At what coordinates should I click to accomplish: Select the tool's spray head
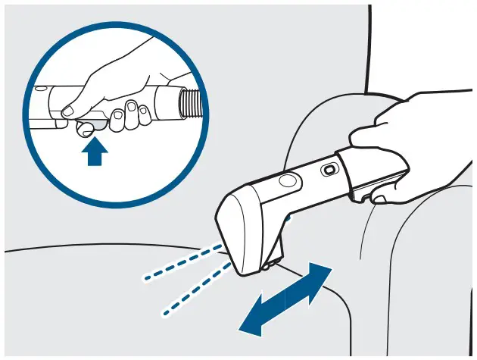(x=242, y=227)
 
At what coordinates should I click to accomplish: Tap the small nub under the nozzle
(x=266, y=266)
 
